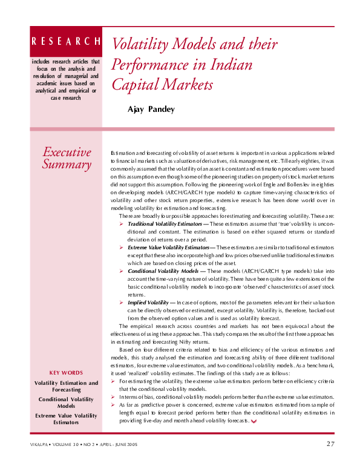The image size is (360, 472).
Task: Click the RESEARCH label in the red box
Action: tap(66, 41)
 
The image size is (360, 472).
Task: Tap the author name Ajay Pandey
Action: tap(151, 109)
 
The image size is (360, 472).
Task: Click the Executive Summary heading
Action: tap(67, 158)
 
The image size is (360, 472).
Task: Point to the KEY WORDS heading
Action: tap(66, 373)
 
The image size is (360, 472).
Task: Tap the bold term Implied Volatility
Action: tap(148, 302)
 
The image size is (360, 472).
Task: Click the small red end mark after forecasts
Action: tap(254, 421)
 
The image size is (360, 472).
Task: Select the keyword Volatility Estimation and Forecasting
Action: tap(66, 386)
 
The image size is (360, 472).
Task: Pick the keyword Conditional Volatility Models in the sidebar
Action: tap(66, 402)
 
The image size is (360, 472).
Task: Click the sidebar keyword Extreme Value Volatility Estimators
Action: tap(66, 419)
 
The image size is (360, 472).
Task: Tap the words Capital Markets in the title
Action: tap(163, 84)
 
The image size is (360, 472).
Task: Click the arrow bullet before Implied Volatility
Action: tap(122, 302)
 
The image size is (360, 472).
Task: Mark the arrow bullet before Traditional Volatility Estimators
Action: tap(122, 224)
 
